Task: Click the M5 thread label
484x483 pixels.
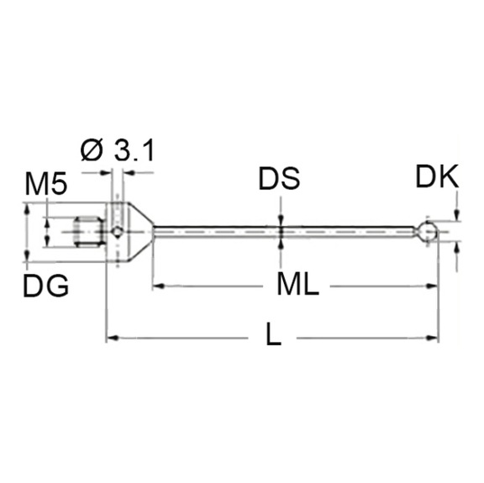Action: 45,185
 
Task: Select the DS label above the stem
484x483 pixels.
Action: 279,179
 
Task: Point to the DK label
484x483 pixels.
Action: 437,176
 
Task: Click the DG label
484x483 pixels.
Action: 45,286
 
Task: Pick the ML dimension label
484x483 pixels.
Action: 297,286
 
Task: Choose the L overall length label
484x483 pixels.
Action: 272,338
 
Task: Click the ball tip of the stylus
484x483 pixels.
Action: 429,231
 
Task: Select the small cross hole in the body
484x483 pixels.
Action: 118,231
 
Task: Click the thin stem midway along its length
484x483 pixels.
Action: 286,228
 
